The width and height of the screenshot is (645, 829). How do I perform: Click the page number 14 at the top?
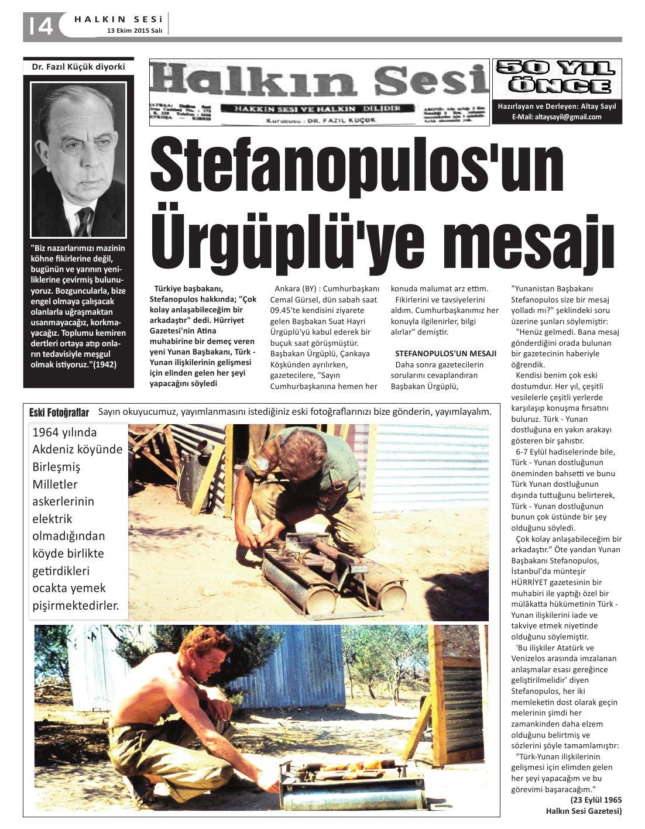click(x=39, y=25)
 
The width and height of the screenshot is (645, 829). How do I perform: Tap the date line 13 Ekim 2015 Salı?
click(x=135, y=30)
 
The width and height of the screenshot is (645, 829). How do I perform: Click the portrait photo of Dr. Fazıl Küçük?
click(x=78, y=159)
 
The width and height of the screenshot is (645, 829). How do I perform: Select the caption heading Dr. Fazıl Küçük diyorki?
click(x=78, y=67)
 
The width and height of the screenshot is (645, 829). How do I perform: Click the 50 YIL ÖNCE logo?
click(x=557, y=77)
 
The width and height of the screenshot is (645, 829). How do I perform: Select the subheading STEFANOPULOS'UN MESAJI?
click(x=445, y=353)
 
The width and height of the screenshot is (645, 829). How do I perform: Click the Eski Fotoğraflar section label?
click(x=59, y=413)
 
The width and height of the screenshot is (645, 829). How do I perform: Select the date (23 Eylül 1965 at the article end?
click(x=596, y=800)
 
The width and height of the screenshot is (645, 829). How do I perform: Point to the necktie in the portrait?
click(x=85, y=221)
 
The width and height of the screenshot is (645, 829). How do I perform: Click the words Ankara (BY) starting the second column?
click(x=296, y=288)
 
